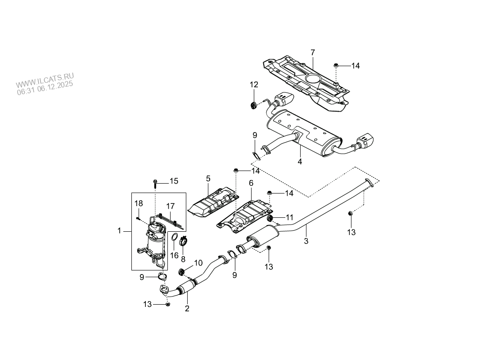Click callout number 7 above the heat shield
tap(312, 53)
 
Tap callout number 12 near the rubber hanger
tap(254, 84)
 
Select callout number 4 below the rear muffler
tap(299, 161)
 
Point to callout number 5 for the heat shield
tap(208, 179)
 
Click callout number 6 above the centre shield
tap(251, 183)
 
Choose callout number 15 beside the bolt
tap(174, 181)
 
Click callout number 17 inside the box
tap(170, 206)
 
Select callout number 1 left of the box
tap(119, 231)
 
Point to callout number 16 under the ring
tap(174, 255)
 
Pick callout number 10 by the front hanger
tap(198, 262)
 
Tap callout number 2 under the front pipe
tap(187, 308)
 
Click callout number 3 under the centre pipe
tap(306, 241)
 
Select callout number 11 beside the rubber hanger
tap(289, 216)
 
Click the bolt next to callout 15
tap(155, 182)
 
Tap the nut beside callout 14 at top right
tap(337, 66)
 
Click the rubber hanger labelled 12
tap(253, 105)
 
